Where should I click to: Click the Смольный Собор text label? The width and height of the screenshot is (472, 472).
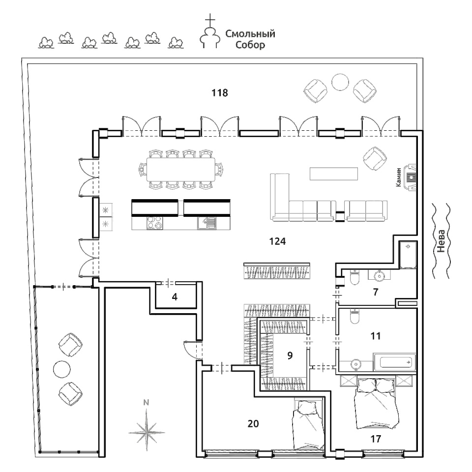click(250, 39)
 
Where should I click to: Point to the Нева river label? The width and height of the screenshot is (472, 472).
click(441, 241)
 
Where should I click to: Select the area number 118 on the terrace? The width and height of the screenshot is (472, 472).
click(219, 93)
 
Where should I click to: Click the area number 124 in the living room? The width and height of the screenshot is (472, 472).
click(277, 241)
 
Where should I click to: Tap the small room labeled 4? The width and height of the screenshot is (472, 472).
click(175, 297)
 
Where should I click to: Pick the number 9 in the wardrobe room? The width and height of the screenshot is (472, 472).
click(290, 355)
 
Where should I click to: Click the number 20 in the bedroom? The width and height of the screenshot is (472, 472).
click(253, 423)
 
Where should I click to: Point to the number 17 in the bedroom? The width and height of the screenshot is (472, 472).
click(375, 439)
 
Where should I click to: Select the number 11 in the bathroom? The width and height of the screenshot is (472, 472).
click(375, 336)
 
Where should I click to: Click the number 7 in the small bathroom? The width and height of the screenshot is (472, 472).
click(375, 292)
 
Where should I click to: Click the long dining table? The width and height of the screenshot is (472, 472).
click(181, 170)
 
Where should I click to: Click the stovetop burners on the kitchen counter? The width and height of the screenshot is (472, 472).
click(155, 223)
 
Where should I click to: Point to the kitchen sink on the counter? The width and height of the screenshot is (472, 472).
click(206, 223)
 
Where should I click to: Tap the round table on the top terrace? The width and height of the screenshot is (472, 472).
click(340, 82)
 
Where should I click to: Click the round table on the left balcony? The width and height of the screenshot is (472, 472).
click(62, 369)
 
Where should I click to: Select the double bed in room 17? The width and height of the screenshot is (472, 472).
click(376, 403)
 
